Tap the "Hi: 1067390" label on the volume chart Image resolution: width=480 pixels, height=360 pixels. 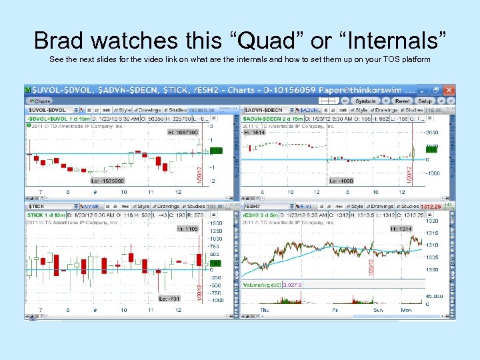183,133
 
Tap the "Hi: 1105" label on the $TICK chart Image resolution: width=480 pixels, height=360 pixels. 187,229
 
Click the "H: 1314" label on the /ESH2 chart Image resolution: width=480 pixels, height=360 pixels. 401,229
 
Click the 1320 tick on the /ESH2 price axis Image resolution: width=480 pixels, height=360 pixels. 433,221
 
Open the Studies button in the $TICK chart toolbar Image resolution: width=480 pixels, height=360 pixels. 195,207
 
